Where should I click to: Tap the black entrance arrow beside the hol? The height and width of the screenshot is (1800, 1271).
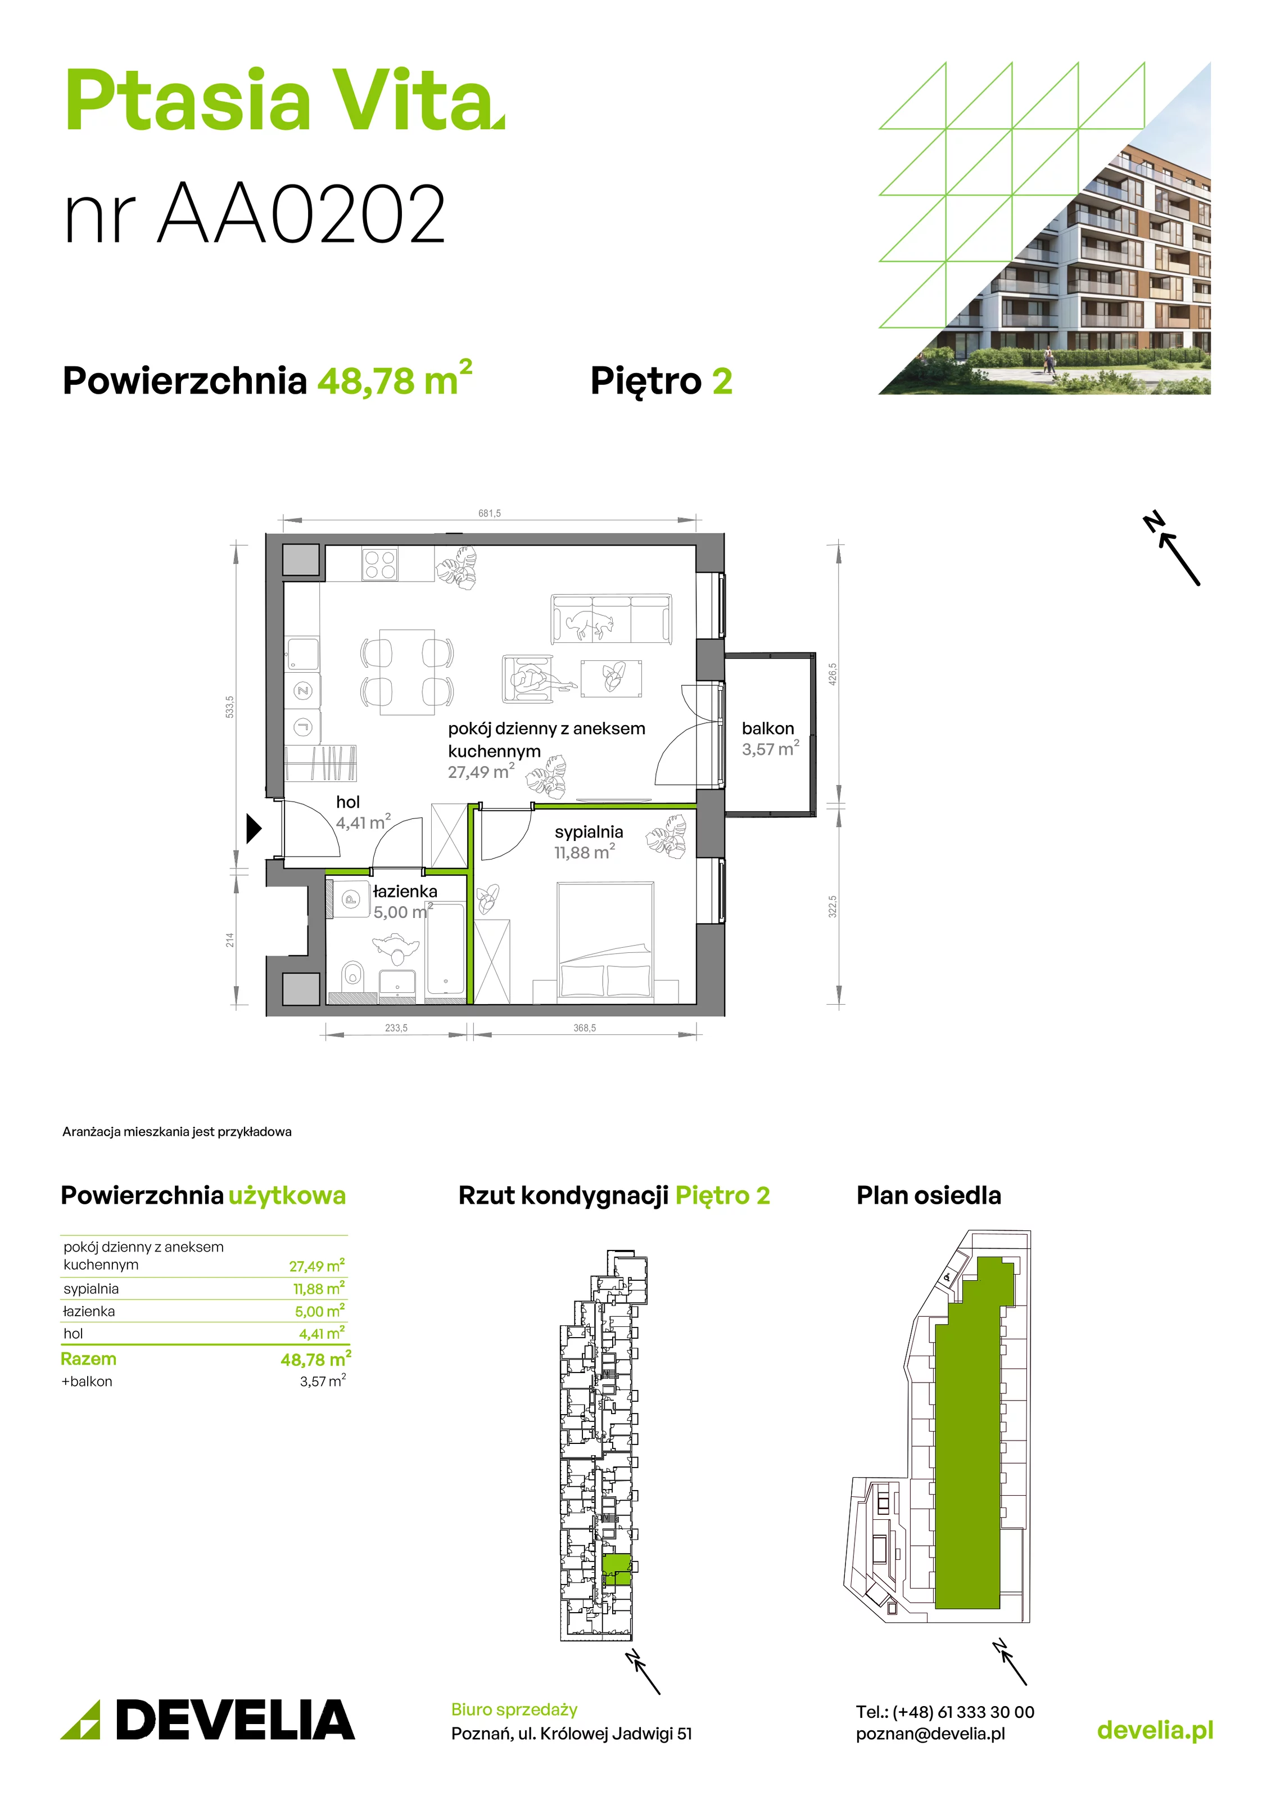[253, 829]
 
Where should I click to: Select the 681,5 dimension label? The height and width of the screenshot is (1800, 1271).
[490, 514]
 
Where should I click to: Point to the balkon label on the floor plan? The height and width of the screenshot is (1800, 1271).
[768, 728]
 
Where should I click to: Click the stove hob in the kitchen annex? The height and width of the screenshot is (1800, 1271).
[380, 564]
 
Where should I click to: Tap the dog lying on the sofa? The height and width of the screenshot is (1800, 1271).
[589, 623]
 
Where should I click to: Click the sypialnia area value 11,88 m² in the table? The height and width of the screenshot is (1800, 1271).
[319, 1289]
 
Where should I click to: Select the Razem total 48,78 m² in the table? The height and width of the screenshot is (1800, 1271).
[316, 1358]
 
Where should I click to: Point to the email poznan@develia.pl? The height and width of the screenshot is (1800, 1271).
[930, 1734]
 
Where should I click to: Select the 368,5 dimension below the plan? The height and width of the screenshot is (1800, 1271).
[585, 1028]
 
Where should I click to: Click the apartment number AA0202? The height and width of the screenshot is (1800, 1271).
[302, 213]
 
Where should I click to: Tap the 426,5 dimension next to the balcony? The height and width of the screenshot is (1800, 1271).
[833, 674]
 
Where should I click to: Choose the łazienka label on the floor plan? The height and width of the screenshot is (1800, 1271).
[405, 892]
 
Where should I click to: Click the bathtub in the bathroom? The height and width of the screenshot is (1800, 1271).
[445, 952]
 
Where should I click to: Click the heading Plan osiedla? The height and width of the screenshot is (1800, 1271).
[929, 1195]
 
